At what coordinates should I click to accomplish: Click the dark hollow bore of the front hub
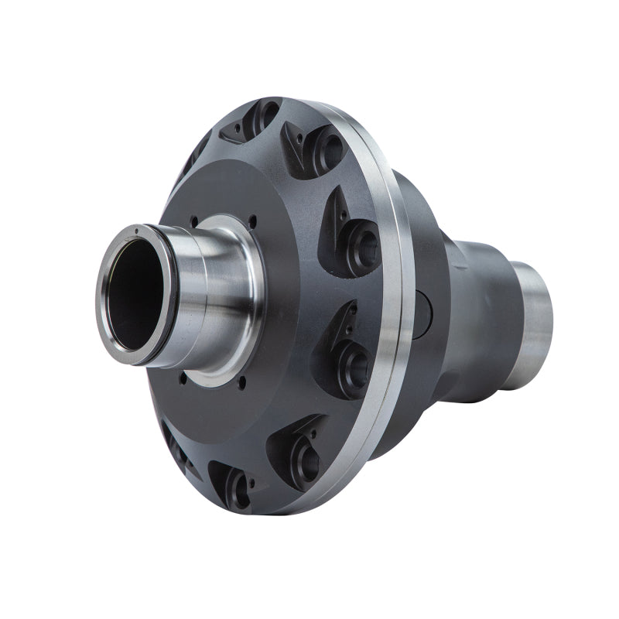[x=139, y=291]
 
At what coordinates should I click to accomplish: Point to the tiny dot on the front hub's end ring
[x=136, y=230]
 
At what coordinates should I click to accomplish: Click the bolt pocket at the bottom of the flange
[x=236, y=484]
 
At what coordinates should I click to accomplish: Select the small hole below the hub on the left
[x=183, y=379]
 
